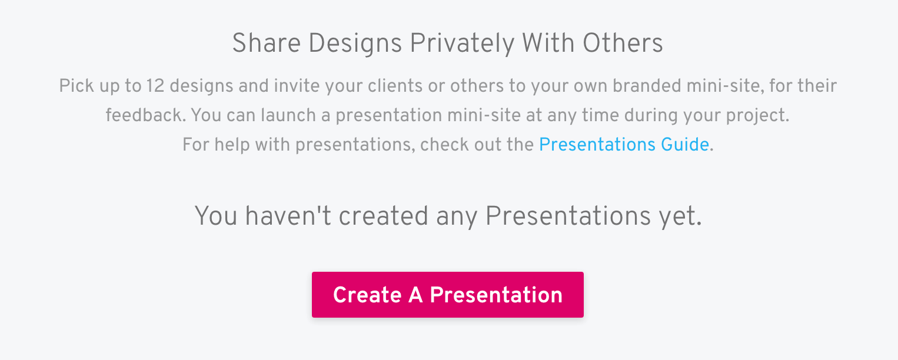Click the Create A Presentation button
tap(447, 295)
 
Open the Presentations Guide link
tap(624, 144)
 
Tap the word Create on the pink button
tap(367, 295)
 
